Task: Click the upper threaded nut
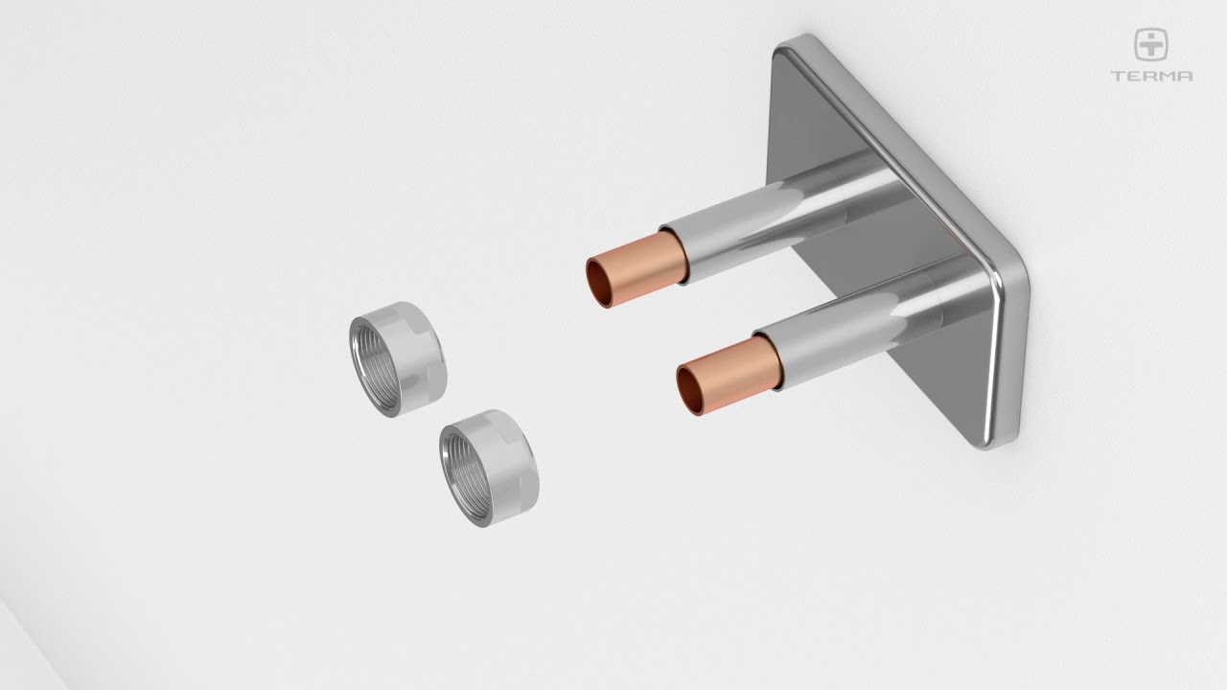pos(398,359)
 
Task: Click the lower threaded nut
pos(489,468)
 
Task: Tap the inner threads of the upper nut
pos(376,366)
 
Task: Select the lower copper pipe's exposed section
pos(729,375)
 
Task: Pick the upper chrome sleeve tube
pos(777,220)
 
